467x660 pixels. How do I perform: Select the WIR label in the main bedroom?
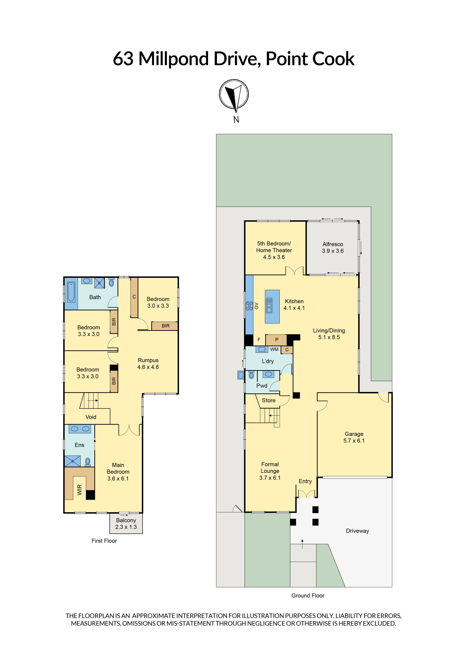(80, 490)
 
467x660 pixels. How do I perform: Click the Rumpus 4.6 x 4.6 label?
(148, 364)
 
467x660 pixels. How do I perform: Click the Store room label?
(269, 400)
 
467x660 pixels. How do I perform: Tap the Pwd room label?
(262, 386)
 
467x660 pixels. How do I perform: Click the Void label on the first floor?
(91, 417)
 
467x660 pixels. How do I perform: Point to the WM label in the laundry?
(274, 349)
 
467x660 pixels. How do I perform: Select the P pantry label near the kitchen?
(277, 339)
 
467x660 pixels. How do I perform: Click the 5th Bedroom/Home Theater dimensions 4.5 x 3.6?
(274, 257)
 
